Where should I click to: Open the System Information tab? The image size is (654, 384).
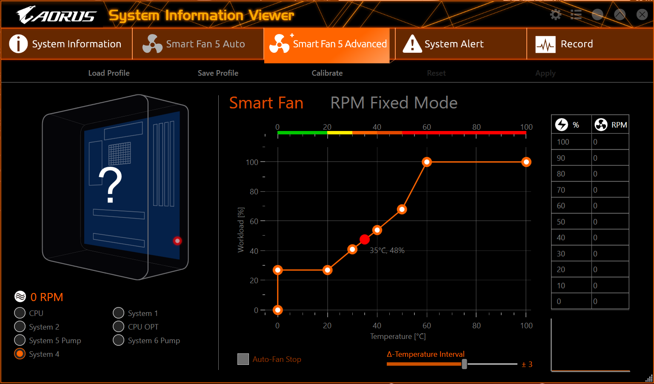coord(66,44)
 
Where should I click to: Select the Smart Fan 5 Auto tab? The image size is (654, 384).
coord(198,44)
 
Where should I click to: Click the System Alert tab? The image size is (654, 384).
coord(460,44)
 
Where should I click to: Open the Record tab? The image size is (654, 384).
coord(590,44)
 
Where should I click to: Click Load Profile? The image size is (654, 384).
coord(109,73)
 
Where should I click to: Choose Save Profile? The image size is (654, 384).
coord(218,73)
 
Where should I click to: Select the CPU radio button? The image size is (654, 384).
coord(20,313)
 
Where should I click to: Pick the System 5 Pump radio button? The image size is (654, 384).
coord(20,340)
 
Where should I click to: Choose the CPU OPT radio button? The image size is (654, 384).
coord(119,327)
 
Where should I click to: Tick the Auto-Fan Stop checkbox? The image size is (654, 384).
coord(243,359)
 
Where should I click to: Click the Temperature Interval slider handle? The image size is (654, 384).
coord(464,364)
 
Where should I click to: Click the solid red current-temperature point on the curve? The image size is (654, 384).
coord(365,239)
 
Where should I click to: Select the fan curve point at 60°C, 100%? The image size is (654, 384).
coord(427,162)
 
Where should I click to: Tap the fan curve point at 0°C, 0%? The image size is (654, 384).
coord(278,310)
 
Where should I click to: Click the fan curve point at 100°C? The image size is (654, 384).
coord(526,162)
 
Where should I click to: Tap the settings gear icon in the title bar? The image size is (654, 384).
coord(555,15)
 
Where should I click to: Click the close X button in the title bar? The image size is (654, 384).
coord(642,15)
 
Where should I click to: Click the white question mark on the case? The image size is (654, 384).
coord(110,185)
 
